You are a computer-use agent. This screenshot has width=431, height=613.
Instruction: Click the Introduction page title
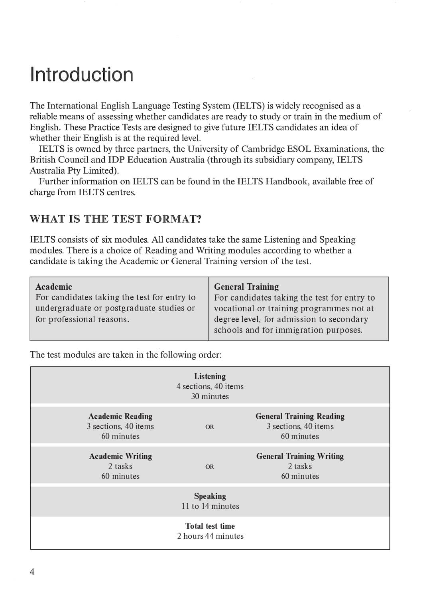click(81, 75)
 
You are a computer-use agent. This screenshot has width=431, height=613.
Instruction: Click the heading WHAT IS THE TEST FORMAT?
click(116, 219)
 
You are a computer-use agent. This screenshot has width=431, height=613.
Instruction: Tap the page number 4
click(32, 571)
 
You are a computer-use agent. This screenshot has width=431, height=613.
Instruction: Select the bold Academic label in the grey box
click(54, 287)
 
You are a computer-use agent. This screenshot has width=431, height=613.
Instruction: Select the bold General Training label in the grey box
click(246, 287)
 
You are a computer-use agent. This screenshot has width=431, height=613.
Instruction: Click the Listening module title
click(210, 376)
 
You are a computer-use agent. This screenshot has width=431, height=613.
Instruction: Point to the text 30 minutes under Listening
click(210, 396)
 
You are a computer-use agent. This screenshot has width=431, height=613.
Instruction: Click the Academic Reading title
click(120, 416)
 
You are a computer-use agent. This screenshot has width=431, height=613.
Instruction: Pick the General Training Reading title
click(300, 416)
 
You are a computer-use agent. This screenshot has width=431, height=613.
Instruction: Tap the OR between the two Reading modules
click(209, 427)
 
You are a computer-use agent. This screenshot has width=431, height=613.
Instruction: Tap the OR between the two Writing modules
click(209, 467)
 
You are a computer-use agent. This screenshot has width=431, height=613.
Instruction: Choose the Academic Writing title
click(120, 456)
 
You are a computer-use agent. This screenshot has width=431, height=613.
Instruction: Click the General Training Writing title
click(300, 456)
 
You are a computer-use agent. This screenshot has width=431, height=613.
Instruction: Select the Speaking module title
click(210, 496)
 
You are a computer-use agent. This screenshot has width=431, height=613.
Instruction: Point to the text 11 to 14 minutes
click(210, 506)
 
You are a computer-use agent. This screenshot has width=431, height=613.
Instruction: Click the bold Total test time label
click(210, 526)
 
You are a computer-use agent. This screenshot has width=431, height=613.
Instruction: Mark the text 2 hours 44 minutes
click(210, 536)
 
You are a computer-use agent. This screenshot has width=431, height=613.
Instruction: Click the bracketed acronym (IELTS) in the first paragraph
click(249, 106)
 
